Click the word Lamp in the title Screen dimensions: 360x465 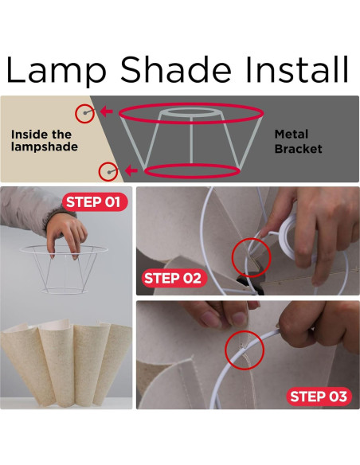[56, 70]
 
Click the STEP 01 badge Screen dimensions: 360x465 [95, 202]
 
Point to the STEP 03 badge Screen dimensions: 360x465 [319, 397]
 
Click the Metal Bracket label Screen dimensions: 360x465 [299, 142]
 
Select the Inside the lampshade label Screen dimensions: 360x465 [45, 141]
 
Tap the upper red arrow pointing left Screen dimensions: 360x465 [107, 111]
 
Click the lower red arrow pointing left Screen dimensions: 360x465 [131, 170]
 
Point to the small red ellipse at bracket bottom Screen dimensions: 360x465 [192, 177]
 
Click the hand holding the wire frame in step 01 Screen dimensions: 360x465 [67, 234]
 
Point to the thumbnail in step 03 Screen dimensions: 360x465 [238, 318]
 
